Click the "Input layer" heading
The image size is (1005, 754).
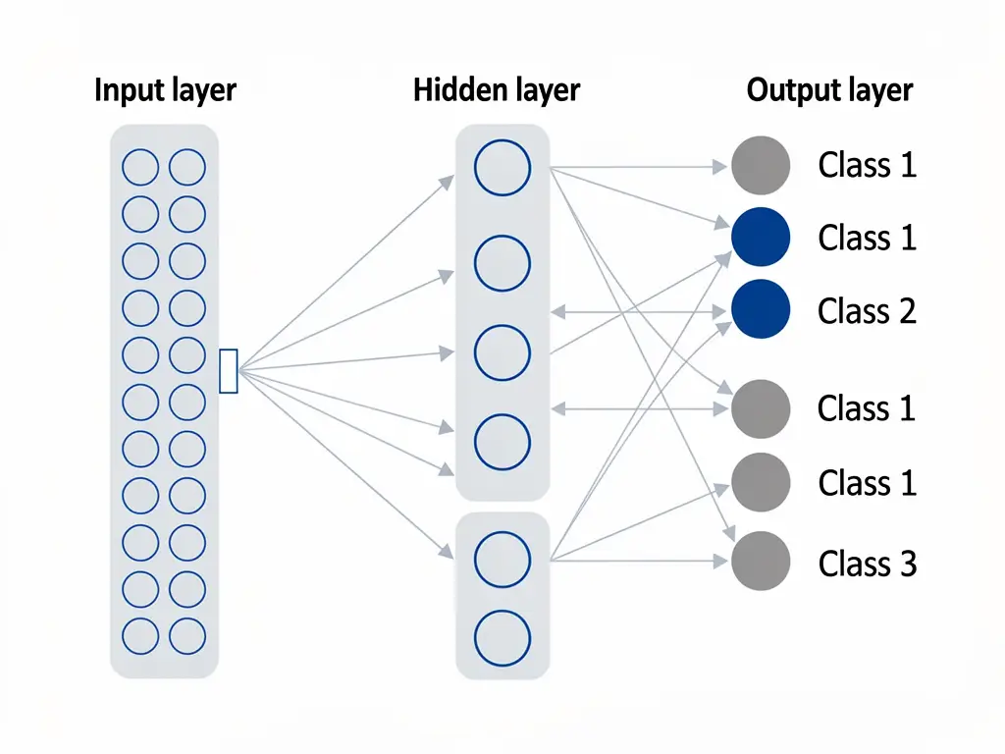pyautogui.click(x=165, y=91)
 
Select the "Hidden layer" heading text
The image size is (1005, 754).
pyautogui.click(x=497, y=91)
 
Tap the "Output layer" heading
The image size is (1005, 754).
pyautogui.click(x=829, y=91)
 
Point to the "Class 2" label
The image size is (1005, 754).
pyautogui.click(x=867, y=311)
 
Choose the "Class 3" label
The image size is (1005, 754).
pyautogui.click(x=867, y=564)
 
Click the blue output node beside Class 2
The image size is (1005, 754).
pyautogui.click(x=761, y=309)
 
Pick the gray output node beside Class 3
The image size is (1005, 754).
pyautogui.click(x=761, y=562)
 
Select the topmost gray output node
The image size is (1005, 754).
pyautogui.click(x=761, y=165)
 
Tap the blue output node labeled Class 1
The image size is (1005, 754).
pyautogui.click(x=761, y=238)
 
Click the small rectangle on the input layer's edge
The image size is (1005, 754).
pyautogui.click(x=228, y=371)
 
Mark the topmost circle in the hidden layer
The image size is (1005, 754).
pyautogui.click(x=502, y=167)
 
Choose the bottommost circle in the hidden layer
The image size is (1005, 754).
pyautogui.click(x=502, y=637)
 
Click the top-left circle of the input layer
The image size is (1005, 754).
pyautogui.click(x=139, y=168)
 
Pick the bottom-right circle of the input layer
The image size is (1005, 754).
pyautogui.click(x=187, y=636)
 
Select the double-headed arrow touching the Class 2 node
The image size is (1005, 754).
pyautogui.click(x=643, y=312)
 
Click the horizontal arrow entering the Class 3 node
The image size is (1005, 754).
pyautogui.click(x=638, y=562)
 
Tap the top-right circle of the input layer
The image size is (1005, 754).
pyautogui.click(x=187, y=168)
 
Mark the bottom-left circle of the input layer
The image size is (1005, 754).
pyautogui.click(x=139, y=636)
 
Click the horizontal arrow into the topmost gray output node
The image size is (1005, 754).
pyautogui.click(x=638, y=168)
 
